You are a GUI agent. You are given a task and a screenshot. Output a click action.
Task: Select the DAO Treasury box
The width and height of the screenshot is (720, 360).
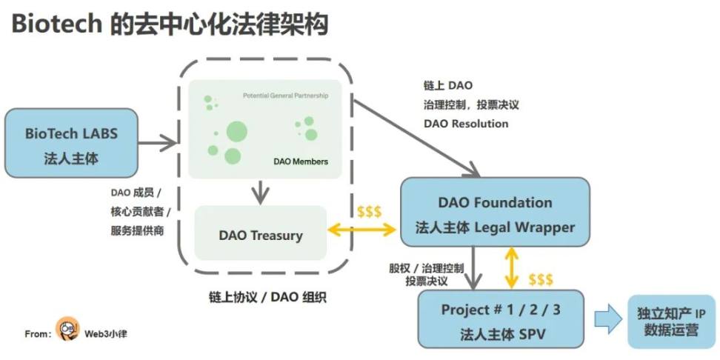pos(261,236)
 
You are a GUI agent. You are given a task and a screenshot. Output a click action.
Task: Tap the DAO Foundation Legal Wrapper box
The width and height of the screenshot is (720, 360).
pos(495,214)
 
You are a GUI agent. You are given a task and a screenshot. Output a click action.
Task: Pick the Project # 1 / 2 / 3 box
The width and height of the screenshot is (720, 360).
pos(501,319)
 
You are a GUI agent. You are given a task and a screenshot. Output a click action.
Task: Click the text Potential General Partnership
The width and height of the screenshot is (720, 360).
pos(285,96)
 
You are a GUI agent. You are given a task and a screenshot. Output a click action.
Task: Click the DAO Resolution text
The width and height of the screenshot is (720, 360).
pos(466,124)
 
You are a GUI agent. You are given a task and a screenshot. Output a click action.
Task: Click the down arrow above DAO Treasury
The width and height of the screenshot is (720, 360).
pos(259,192)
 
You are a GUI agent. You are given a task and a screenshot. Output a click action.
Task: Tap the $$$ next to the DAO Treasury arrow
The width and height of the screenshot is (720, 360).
pos(369,212)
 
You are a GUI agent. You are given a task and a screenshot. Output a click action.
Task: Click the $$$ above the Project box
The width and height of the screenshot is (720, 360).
pos(540,279)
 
